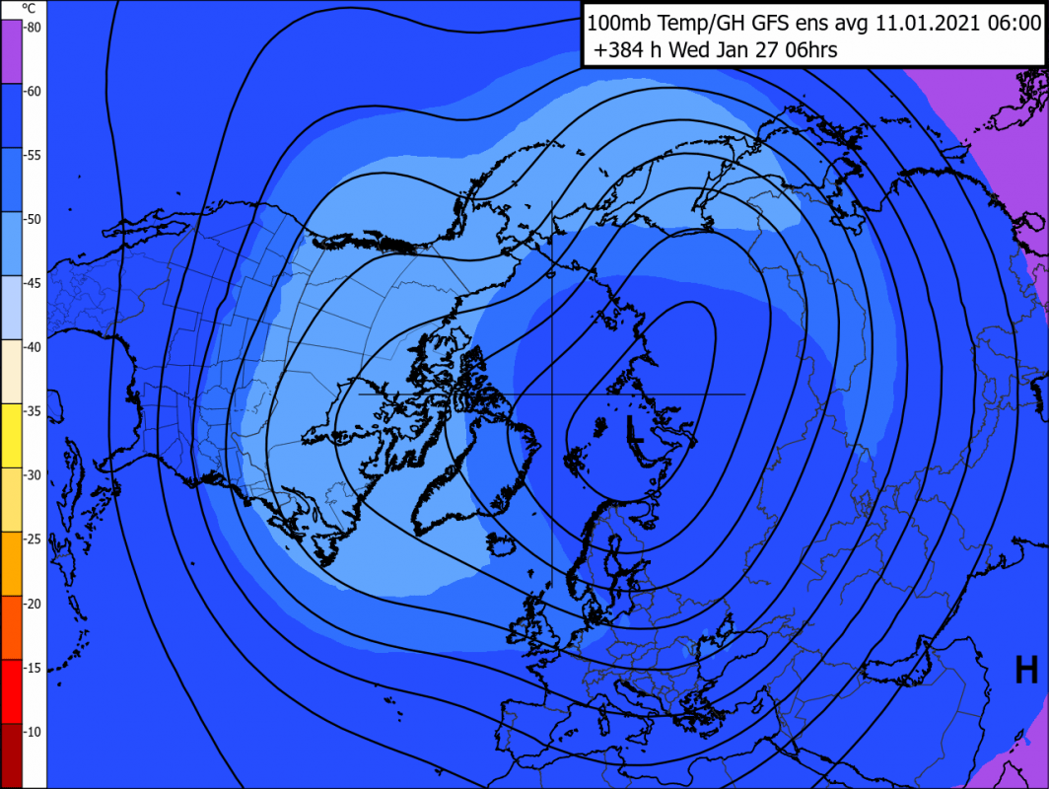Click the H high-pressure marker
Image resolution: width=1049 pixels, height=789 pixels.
coord(1026,671)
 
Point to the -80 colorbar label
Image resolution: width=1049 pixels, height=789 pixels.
coord(33,28)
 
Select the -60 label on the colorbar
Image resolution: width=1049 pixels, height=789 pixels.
coord(33,92)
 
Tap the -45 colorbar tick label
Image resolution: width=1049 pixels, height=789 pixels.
coord(33,283)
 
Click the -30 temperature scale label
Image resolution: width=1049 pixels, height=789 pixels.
coord(33,475)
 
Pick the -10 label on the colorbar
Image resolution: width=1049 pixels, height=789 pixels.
coord(33,732)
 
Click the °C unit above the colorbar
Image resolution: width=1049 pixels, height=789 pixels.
coord(29,8)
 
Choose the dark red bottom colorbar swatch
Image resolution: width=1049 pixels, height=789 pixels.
coord(11,754)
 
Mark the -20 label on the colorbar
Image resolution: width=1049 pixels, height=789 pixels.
coord(33,604)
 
